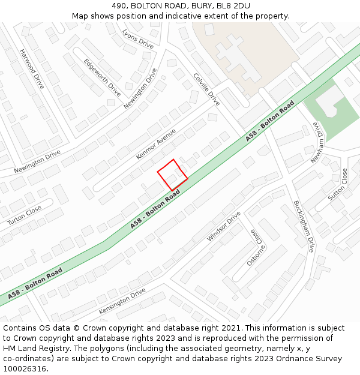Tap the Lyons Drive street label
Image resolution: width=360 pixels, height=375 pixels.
138,38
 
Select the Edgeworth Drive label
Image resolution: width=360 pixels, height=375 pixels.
102,77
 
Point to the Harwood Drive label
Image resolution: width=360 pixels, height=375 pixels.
32,69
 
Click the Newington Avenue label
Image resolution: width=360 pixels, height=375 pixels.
140,88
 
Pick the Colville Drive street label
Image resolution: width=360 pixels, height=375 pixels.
207,89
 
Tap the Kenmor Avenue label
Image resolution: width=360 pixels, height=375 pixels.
156,144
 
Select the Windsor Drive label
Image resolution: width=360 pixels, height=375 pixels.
224,226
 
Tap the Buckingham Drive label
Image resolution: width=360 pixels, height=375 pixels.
304,226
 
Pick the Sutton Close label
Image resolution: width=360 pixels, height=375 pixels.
338,185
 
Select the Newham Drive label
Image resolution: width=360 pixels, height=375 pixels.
318,143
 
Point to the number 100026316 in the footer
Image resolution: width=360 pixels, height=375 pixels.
24,368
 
